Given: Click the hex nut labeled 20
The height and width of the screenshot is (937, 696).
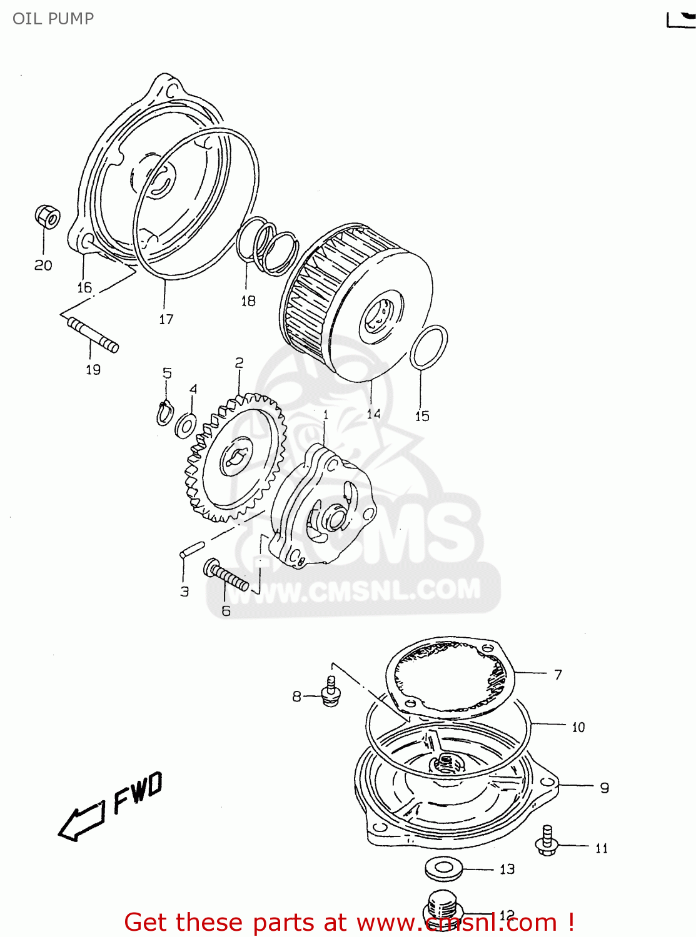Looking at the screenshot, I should tap(48, 216).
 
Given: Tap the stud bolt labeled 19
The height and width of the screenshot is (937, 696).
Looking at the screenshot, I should tap(93, 334).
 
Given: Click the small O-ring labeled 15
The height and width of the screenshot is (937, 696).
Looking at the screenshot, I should tap(429, 347).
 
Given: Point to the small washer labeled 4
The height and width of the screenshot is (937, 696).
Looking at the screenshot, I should tap(186, 425).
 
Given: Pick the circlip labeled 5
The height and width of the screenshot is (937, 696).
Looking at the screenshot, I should tap(164, 413).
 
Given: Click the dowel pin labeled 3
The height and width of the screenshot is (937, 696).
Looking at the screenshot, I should tap(190, 549).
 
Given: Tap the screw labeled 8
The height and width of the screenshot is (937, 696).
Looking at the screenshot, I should tap(331, 692).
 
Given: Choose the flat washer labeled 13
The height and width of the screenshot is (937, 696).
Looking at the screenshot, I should tap(444, 867).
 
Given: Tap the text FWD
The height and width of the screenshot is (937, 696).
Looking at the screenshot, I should tap(138, 792).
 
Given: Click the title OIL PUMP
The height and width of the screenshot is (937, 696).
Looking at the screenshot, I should tap(53, 19).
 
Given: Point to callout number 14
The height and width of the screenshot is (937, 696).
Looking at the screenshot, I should tap(373, 414).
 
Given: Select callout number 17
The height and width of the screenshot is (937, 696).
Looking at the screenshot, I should tap(166, 319).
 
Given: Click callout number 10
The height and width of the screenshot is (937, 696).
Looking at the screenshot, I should tap(578, 727).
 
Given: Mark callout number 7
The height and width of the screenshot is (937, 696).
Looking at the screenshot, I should tap(558, 675).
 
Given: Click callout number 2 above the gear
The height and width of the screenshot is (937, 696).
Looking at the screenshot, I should tap(239, 363).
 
